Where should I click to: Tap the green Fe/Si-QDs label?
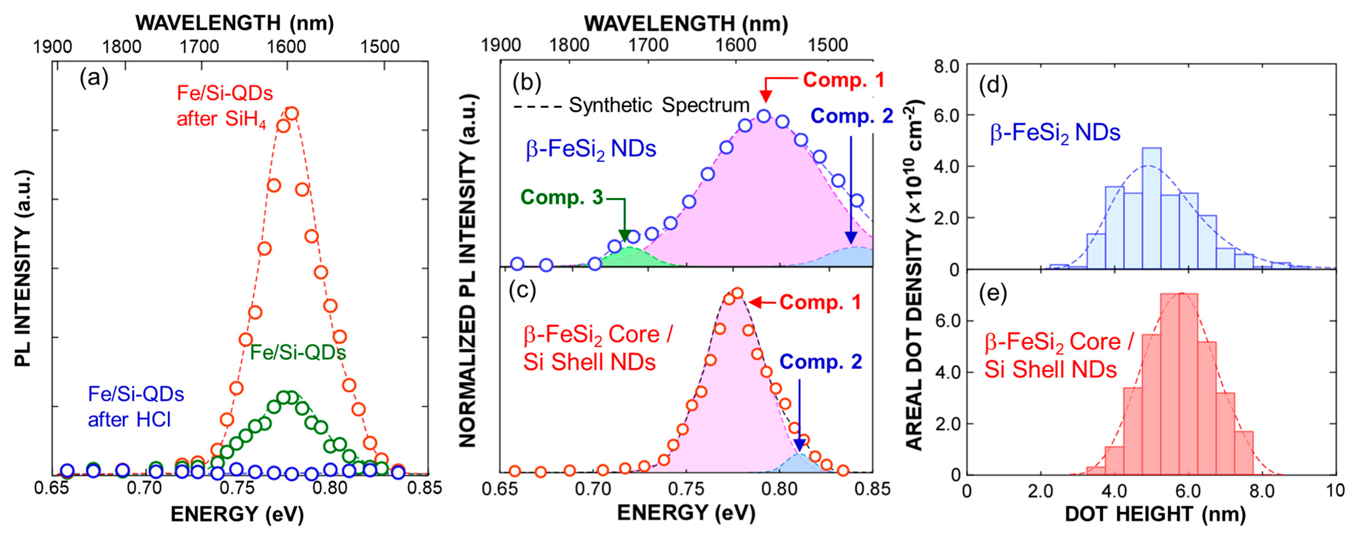pos(298,352)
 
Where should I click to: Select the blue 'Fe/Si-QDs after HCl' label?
pos(136,407)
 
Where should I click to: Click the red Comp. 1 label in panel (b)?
pos(843,80)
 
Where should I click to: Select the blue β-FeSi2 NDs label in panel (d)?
pos(1055,133)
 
